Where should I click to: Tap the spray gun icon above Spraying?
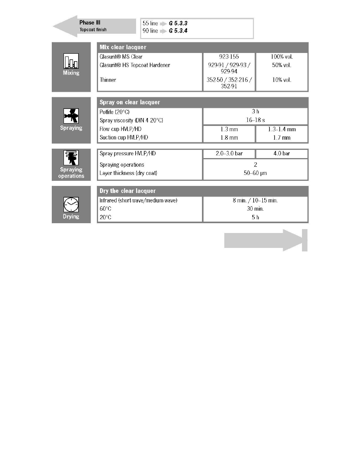coord(71,116)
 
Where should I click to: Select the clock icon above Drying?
coord(71,204)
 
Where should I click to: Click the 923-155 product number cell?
coord(229,57)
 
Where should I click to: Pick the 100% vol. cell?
coord(282,57)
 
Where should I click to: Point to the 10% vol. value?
coord(282,80)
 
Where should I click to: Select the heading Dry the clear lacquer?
coord(127,191)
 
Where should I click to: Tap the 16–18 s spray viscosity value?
coord(255,120)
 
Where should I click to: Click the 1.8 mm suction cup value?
coord(229,137)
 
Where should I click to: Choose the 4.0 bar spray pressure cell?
coord(282,153)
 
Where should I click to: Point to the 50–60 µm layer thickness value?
coord(255,173)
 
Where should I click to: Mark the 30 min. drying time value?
coord(255,209)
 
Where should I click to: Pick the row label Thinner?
coord(108,80)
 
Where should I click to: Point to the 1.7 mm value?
coord(282,137)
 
